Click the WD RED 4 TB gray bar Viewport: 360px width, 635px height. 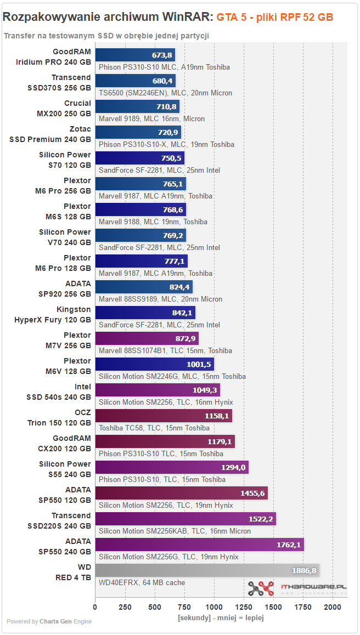207,570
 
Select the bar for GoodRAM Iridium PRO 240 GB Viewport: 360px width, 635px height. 136,55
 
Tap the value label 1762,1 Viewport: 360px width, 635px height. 289,545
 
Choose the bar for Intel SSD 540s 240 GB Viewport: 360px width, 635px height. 157,390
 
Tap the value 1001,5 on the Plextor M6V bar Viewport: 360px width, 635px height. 199,365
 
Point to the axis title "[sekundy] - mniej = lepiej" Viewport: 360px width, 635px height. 221,618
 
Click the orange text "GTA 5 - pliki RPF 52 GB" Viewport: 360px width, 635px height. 275,17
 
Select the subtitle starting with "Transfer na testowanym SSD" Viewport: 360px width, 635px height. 106,36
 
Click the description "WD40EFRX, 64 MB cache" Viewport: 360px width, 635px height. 142,583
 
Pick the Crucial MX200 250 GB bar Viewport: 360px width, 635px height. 137,106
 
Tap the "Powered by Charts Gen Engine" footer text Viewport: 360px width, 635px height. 49,621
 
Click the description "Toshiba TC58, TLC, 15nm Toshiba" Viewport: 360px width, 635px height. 154,428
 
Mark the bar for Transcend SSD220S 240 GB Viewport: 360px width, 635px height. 185,519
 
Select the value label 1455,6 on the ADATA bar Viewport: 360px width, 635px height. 253,494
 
